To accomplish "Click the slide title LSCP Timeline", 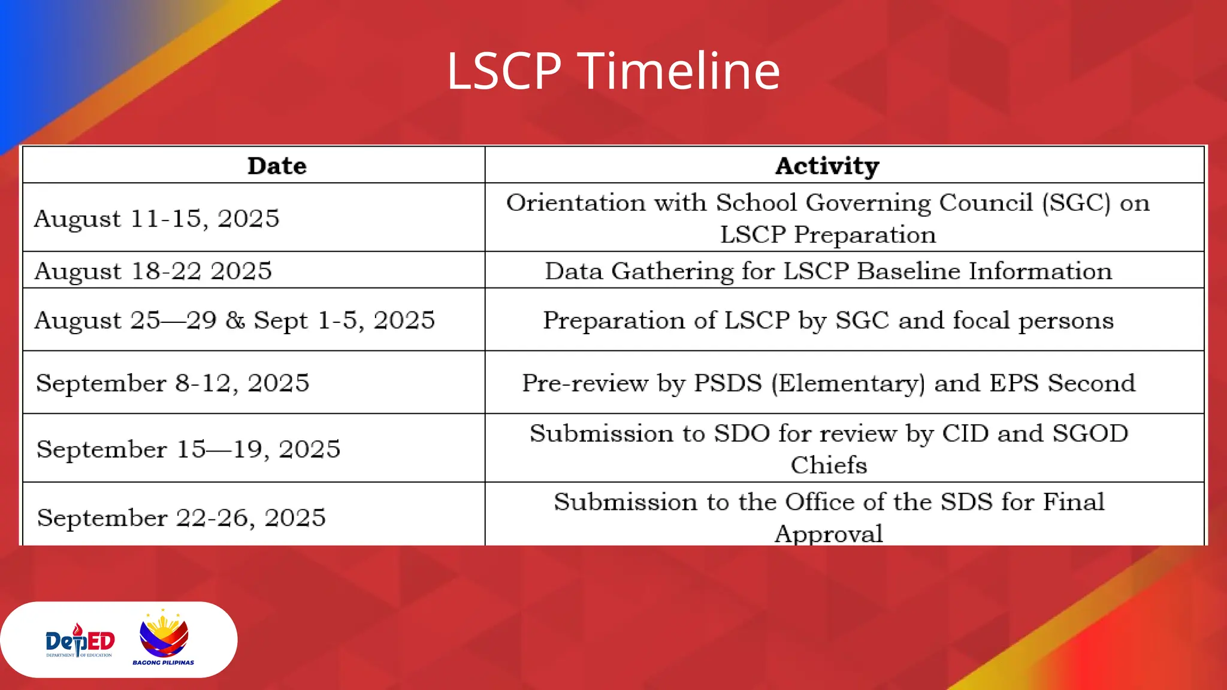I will (613, 71).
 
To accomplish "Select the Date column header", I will (277, 166).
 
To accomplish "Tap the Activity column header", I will (827, 166).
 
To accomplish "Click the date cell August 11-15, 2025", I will (156, 219).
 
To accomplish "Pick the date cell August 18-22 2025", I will (153, 271).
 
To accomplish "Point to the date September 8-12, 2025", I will (173, 383).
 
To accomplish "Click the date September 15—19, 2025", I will (188, 449).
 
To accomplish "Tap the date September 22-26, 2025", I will (181, 517).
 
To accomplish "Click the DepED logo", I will (80, 641).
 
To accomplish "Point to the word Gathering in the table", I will (672, 271).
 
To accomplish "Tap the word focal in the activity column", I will (981, 320).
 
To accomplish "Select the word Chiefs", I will (828, 465).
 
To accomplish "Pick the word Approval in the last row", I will (828, 534).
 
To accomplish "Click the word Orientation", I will (576, 203).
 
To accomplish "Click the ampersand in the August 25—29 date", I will (235, 320).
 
